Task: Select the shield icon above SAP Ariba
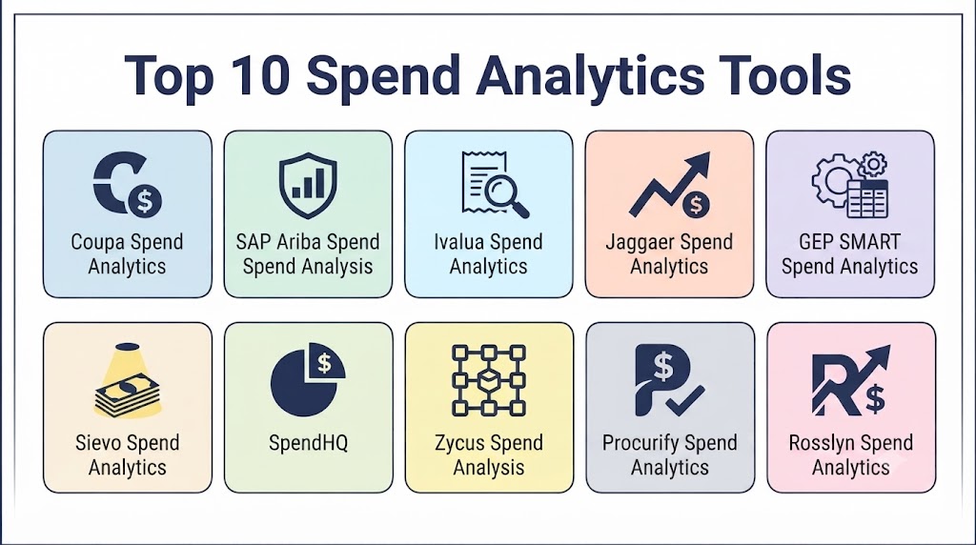pos(308,185)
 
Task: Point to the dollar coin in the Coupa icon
pos(145,201)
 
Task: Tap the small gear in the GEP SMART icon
pos(872,165)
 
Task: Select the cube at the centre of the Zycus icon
pos(489,379)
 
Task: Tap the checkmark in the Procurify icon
pos(684,400)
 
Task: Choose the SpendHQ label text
pos(308,443)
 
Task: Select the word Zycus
pos(459,444)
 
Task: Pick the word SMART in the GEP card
pos(869,241)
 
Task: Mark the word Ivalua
pos(459,241)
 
